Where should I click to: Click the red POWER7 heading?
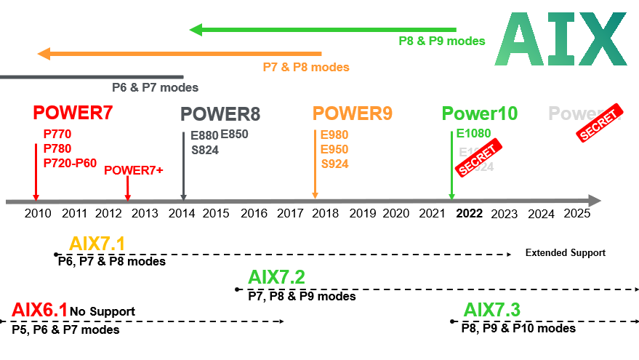(73, 113)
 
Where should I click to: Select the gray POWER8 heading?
(220, 114)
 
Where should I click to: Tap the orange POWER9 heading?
(353, 114)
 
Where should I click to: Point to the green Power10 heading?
(480, 114)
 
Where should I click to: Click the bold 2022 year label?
(470, 213)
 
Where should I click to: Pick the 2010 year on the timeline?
(39, 213)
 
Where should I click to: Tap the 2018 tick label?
(326, 213)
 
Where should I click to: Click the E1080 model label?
(474, 133)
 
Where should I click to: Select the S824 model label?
(205, 151)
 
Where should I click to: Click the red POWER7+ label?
(134, 170)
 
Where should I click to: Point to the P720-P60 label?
(70, 163)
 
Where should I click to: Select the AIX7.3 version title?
(492, 310)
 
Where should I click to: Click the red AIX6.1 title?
(39, 311)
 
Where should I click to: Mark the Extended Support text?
(565, 253)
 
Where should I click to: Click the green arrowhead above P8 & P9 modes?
(196, 30)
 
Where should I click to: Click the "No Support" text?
(103, 312)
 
